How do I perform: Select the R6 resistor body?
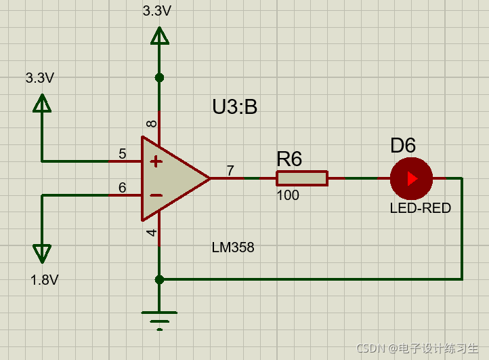[301, 178]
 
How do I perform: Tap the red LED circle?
[411, 178]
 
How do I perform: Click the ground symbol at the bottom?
[159, 319]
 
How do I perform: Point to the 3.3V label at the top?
[157, 11]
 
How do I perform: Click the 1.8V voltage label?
[44, 280]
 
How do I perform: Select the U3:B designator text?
[234, 107]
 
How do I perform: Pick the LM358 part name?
[233, 247]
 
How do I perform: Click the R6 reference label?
[289, 159]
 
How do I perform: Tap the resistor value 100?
[288, 196]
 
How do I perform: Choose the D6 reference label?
[403, 145]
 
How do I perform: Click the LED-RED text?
[420, 208]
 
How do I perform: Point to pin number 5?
[123, 154]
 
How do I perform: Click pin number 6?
[123, 188]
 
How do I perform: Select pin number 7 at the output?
[230, 171]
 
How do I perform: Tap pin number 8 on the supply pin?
[152, 123]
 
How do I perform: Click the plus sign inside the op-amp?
[156, 161]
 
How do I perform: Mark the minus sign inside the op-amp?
[156, 195]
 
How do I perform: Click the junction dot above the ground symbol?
[159, 279]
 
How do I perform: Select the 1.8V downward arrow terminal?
[42, 253]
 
